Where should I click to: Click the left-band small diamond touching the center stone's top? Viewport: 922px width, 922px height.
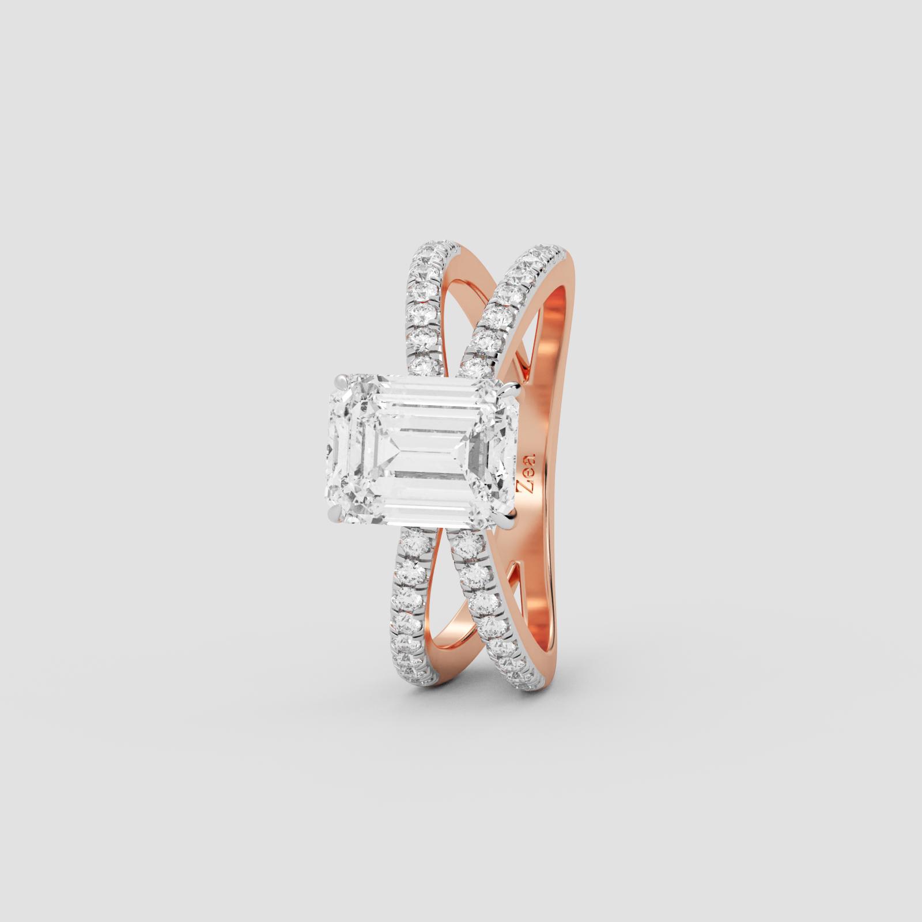(x=425, y=365)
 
